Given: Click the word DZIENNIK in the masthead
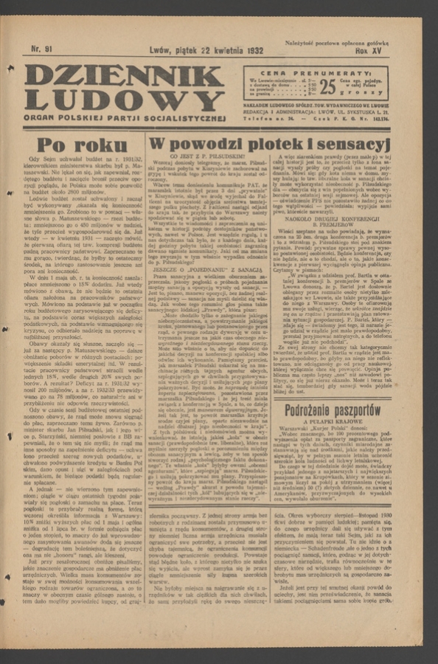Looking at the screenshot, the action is pos(123,75).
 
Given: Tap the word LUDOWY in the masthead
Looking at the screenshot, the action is pos(123,100).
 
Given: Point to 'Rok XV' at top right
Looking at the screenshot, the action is pos(370,52).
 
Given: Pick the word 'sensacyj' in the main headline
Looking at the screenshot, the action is pos(352,143).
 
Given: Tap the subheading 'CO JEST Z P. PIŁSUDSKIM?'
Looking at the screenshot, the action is pos(208,156).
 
